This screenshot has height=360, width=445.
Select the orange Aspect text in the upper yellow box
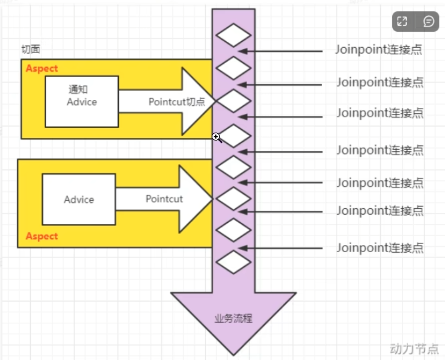[x=42, y=69]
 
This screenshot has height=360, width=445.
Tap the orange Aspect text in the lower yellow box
[x=42, y=236]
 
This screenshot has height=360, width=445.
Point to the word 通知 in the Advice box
[x=78, y=90]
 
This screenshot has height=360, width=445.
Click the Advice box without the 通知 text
[x=79, y=199]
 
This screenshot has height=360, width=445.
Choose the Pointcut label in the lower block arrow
[x=164, y=199]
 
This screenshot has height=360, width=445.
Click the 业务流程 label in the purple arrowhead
[x=233, y=319]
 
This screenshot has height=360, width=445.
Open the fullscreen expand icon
[x=402, y=21]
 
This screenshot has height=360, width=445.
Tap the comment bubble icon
[x=429, y=21]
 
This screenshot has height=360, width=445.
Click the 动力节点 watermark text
[x=414, y=349]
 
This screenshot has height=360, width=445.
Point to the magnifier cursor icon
[x=217, y=138]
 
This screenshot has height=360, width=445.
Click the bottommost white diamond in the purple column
[x=234, y=262]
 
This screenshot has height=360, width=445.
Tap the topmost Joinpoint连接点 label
[x=379, y=50]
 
